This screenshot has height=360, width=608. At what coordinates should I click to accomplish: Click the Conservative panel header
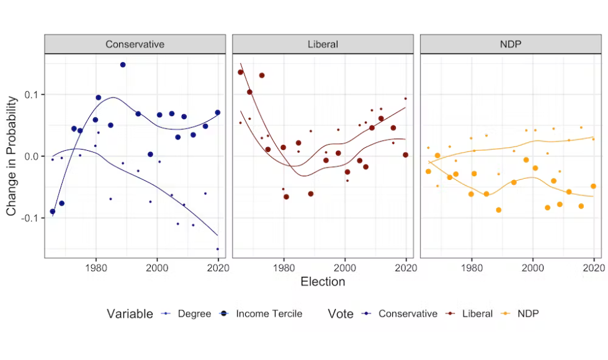click(x=135, y=44)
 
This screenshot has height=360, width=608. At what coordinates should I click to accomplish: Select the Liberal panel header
click(x=323, y=44)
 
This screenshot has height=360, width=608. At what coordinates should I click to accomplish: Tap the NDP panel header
click(x=511, y=44)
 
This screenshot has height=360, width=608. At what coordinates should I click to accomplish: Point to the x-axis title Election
click(x=323, y=282)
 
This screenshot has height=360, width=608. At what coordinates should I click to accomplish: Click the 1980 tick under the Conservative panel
click(x=96, y=268)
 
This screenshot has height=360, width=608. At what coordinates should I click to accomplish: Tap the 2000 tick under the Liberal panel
click(x=345, y=268)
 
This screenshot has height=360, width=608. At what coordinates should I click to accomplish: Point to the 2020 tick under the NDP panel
click(x=594, y=268)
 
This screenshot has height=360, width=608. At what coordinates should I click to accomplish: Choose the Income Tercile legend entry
click(x=269, y=314)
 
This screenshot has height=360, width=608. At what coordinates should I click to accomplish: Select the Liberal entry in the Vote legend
click(x=477, y=314)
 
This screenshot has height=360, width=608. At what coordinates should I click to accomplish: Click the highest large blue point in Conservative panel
click(x=123, y=65)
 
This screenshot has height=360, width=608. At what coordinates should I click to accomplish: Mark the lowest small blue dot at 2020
click(x=218, y=249)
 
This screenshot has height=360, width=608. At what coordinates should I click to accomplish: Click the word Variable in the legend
click(x=129, y=314)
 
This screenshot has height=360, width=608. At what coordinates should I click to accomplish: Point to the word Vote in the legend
click(x=341, y=314)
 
